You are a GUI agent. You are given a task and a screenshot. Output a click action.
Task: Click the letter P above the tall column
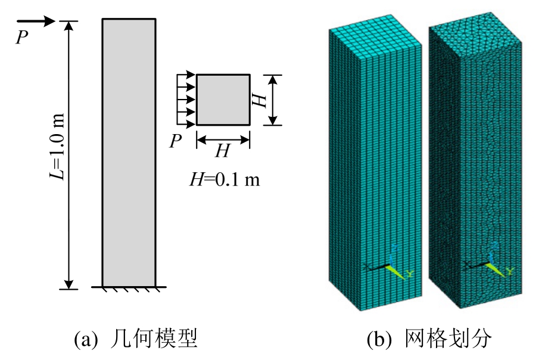tap(21, 37)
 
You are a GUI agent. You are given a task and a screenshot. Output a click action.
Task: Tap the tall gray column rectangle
tap(129, 153)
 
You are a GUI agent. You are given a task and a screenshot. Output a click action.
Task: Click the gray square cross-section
tap(223, 100)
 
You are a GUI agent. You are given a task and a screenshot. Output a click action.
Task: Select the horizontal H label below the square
tap(223, 151)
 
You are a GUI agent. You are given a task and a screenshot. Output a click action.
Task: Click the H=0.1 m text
tap(225, 179)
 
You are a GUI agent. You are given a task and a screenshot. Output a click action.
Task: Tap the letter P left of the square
tap(175, 141)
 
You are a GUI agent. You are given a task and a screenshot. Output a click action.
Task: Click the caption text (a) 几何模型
tap(135, 339)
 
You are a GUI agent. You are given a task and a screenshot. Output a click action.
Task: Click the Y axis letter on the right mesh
tap(510, 273)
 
